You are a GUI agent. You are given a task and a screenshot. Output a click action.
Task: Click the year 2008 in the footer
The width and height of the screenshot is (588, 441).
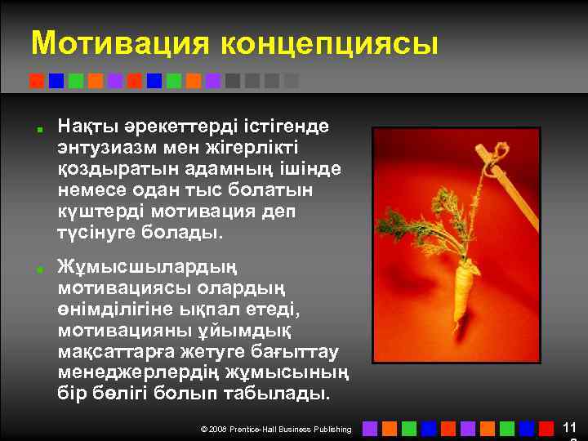(218, 429)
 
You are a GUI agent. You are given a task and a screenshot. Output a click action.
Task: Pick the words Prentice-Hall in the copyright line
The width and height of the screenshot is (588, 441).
(256, 429)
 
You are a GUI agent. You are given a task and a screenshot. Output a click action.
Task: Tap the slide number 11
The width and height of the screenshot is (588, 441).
(569, 427)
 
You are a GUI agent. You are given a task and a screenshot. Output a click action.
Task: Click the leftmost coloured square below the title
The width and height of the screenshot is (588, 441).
(36, 80)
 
